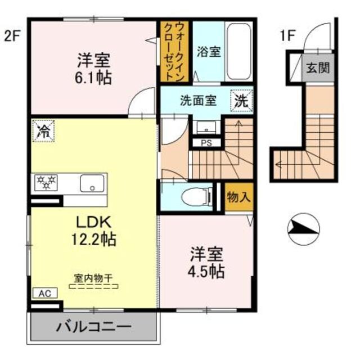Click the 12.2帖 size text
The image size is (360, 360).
click(93, 240)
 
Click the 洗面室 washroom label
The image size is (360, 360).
click(197, 101)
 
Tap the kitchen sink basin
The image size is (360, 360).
click(90, 183)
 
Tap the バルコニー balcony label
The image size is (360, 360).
click(93, 326)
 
